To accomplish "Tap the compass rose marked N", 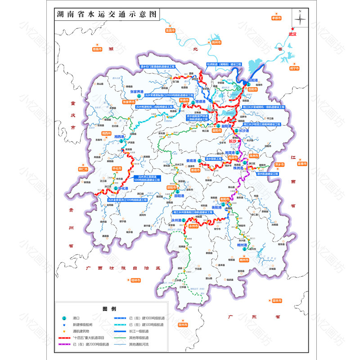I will [300, 18].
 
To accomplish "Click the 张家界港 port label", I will [136, 91].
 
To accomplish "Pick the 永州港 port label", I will [175, 220].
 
